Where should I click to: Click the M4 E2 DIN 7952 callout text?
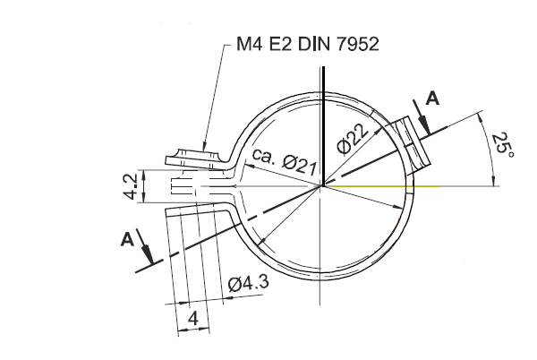tap(308, 44)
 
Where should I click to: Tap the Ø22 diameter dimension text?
tap(353, 138)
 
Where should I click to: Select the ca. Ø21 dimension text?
tap(284, 161)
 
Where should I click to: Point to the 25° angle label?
tap(503, 145)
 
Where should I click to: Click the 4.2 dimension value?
tap(131, 186)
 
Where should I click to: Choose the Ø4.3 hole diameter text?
tap(248, 283)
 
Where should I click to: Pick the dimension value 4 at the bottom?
tap(193, 319)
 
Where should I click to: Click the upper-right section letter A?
tap(432, 99)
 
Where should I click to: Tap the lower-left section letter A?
tap(127, 239)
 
